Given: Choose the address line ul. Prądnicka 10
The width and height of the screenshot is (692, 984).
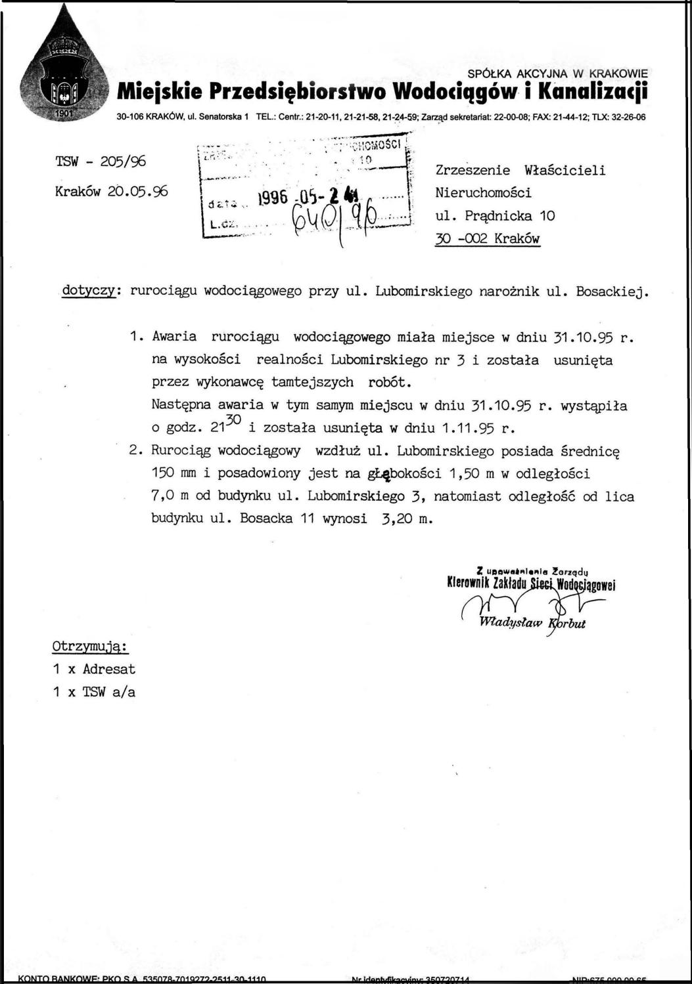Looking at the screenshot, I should point(496,215).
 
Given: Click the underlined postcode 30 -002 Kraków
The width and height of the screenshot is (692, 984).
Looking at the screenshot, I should point(487,238).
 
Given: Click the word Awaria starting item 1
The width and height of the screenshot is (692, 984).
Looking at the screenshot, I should point(174,337).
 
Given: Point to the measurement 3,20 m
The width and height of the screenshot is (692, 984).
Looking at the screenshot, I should point(406,517).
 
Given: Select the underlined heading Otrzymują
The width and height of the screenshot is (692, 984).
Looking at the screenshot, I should point(90,646).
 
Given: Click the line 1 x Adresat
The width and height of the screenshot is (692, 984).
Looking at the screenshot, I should point(95,670).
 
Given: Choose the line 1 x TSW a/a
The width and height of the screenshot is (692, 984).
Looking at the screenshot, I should point(95,692).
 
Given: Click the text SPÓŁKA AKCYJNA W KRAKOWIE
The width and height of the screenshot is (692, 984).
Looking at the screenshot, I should point(558,73).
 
